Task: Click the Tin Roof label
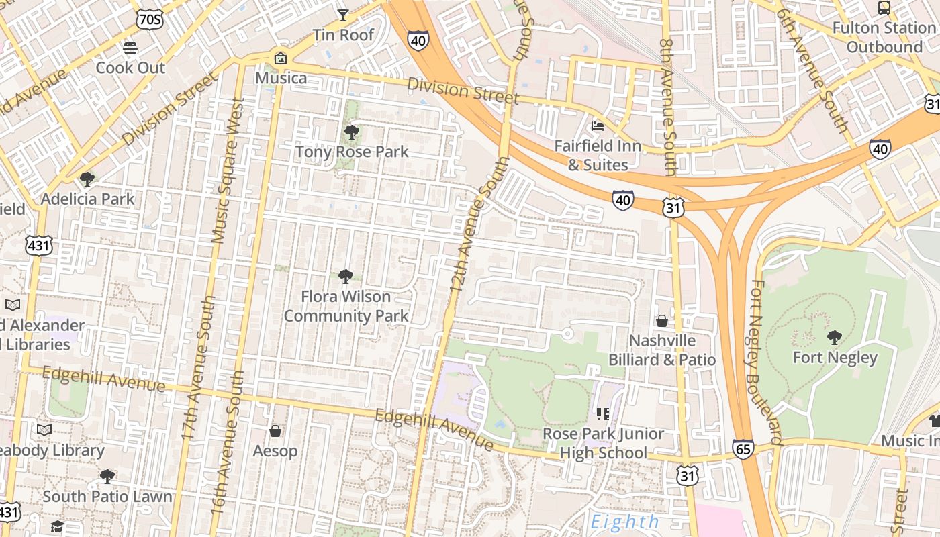point(343,35)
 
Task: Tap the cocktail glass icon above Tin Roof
point(343,15)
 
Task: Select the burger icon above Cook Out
point(130,48)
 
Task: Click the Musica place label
point(281,78)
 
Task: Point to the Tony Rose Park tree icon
point(350,132)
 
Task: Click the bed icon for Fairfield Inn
point(597,126)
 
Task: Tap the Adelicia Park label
point(87,199)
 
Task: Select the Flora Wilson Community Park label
point(346,306)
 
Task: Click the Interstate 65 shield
point(743,449)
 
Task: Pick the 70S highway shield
point(148,19)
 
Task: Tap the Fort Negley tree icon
point(834,337)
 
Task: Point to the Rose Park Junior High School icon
point(602,413)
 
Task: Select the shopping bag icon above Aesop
point(275,431)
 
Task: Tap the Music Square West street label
point(227,170)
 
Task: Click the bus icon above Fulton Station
point(884,8)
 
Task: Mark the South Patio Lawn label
point(107,497)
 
